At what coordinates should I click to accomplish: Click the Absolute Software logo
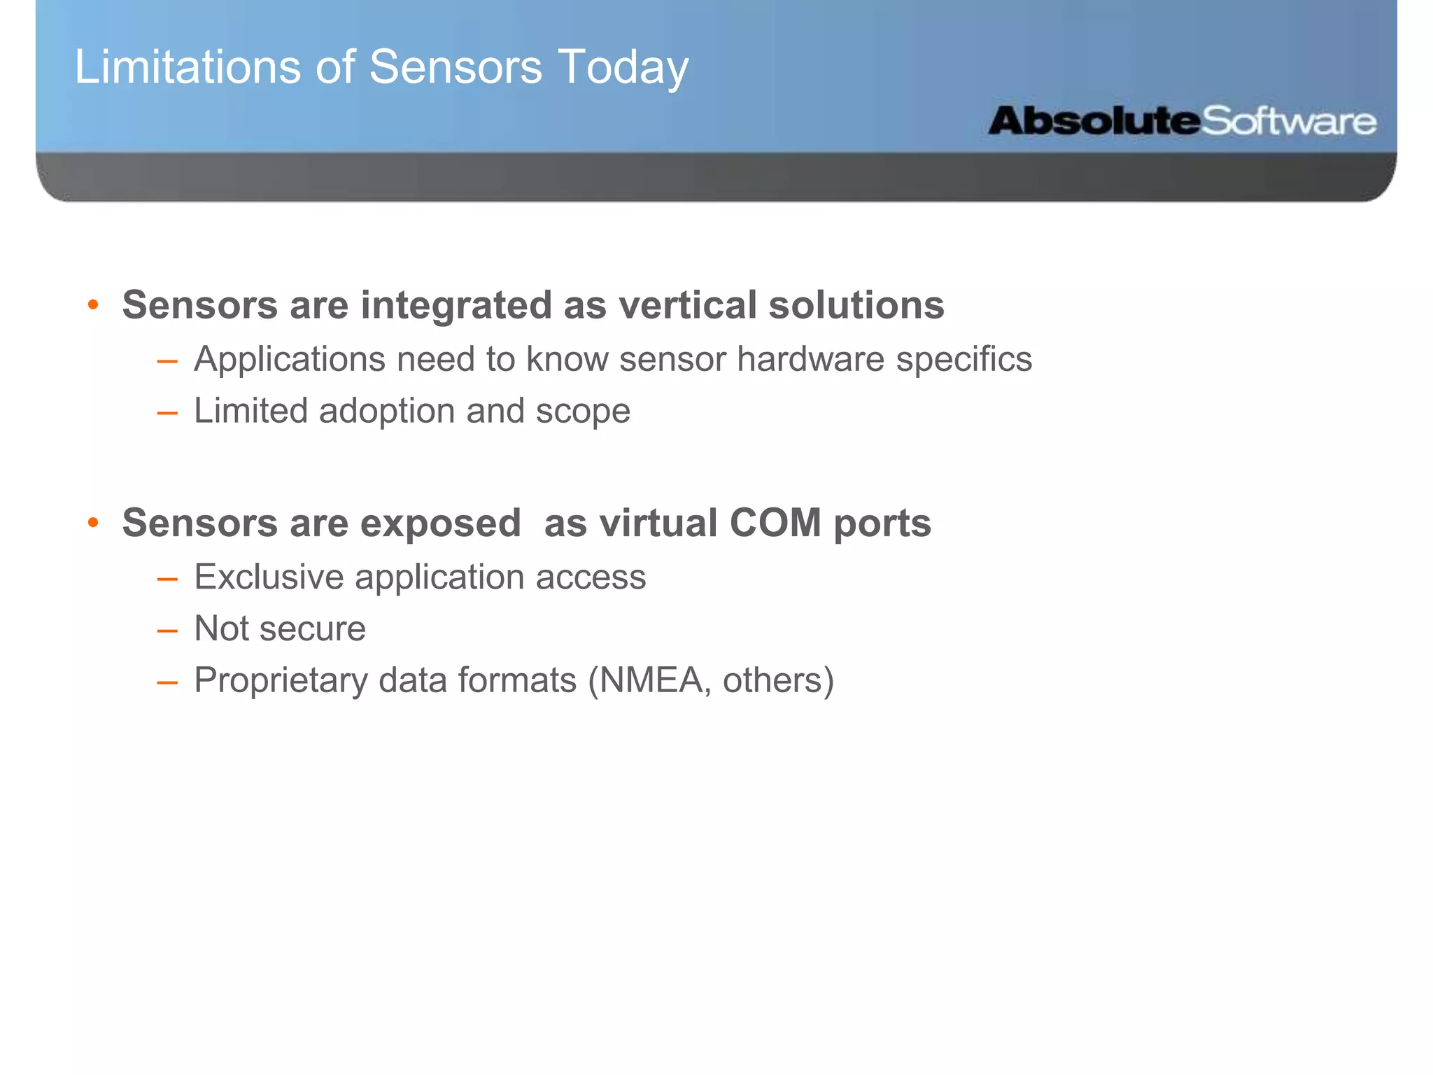pos(1182,121)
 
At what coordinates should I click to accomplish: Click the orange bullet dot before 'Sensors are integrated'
pos(93,305)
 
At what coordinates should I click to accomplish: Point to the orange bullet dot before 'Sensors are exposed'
pos(93,523)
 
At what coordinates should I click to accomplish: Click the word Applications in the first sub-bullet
pos(289,360)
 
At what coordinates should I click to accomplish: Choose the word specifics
pos(963,360)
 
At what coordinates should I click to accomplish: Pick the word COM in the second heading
pos(775,523)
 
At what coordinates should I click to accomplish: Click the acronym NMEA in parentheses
pos(651,680)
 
